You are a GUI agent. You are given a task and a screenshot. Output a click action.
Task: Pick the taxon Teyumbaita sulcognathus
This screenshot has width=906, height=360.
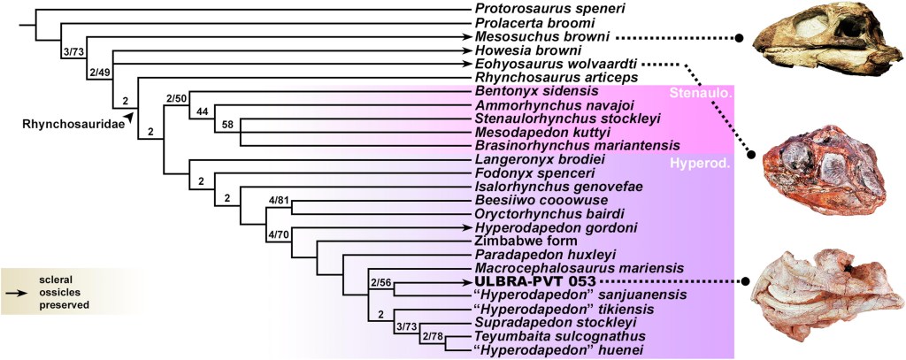pos(555,336)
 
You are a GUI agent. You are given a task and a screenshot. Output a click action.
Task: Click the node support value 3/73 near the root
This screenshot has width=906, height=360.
pos(73,53)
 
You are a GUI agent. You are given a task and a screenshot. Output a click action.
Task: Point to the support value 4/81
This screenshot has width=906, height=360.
pos(280,200)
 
